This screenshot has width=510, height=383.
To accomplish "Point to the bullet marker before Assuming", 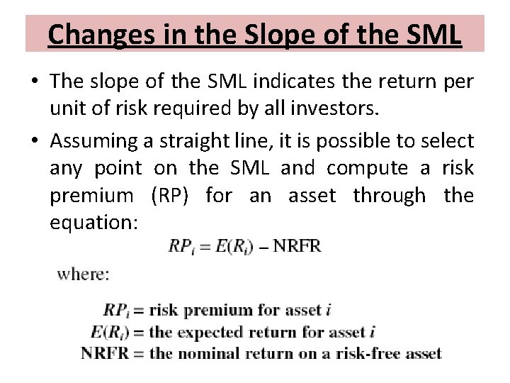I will coord(36,140).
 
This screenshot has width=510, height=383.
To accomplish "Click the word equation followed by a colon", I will coord(93,222).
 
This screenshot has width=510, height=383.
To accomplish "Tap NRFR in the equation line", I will coord(297,246).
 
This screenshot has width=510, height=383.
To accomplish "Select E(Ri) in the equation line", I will coord(230,247).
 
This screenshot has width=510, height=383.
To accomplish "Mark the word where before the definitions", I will coord(84,274).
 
